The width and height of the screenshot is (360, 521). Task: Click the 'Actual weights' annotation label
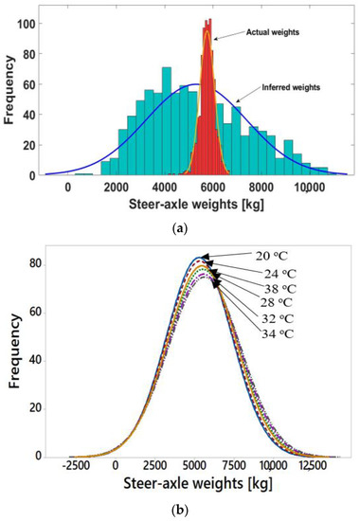pos(273,32)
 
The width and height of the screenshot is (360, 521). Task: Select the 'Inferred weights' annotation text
pos(291,87)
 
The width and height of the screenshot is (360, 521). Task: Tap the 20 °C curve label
pos(272,256)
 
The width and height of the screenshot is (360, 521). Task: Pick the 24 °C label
pos(279,274)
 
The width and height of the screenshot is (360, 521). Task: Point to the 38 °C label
pos(279,289)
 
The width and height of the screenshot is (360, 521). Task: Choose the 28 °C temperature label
pos(277,303)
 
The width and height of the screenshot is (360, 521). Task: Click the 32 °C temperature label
pos(278,318)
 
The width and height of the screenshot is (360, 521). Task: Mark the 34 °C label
pos(278,333)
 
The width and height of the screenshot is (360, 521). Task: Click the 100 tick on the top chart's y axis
pos(30,24)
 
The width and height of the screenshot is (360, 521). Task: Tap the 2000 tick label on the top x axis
pos(116,188)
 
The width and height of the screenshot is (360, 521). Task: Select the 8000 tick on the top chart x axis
pos(261,188)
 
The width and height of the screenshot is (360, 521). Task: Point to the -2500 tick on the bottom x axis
pos(76,466)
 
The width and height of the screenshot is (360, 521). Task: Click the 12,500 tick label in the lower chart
pos(309,466)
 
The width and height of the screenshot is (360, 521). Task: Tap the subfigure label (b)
pos(181,509)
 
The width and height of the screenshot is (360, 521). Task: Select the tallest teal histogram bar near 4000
pos(167,121)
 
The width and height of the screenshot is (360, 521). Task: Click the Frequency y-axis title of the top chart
pos(9,90)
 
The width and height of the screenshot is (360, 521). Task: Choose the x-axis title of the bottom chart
pos(198,484)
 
